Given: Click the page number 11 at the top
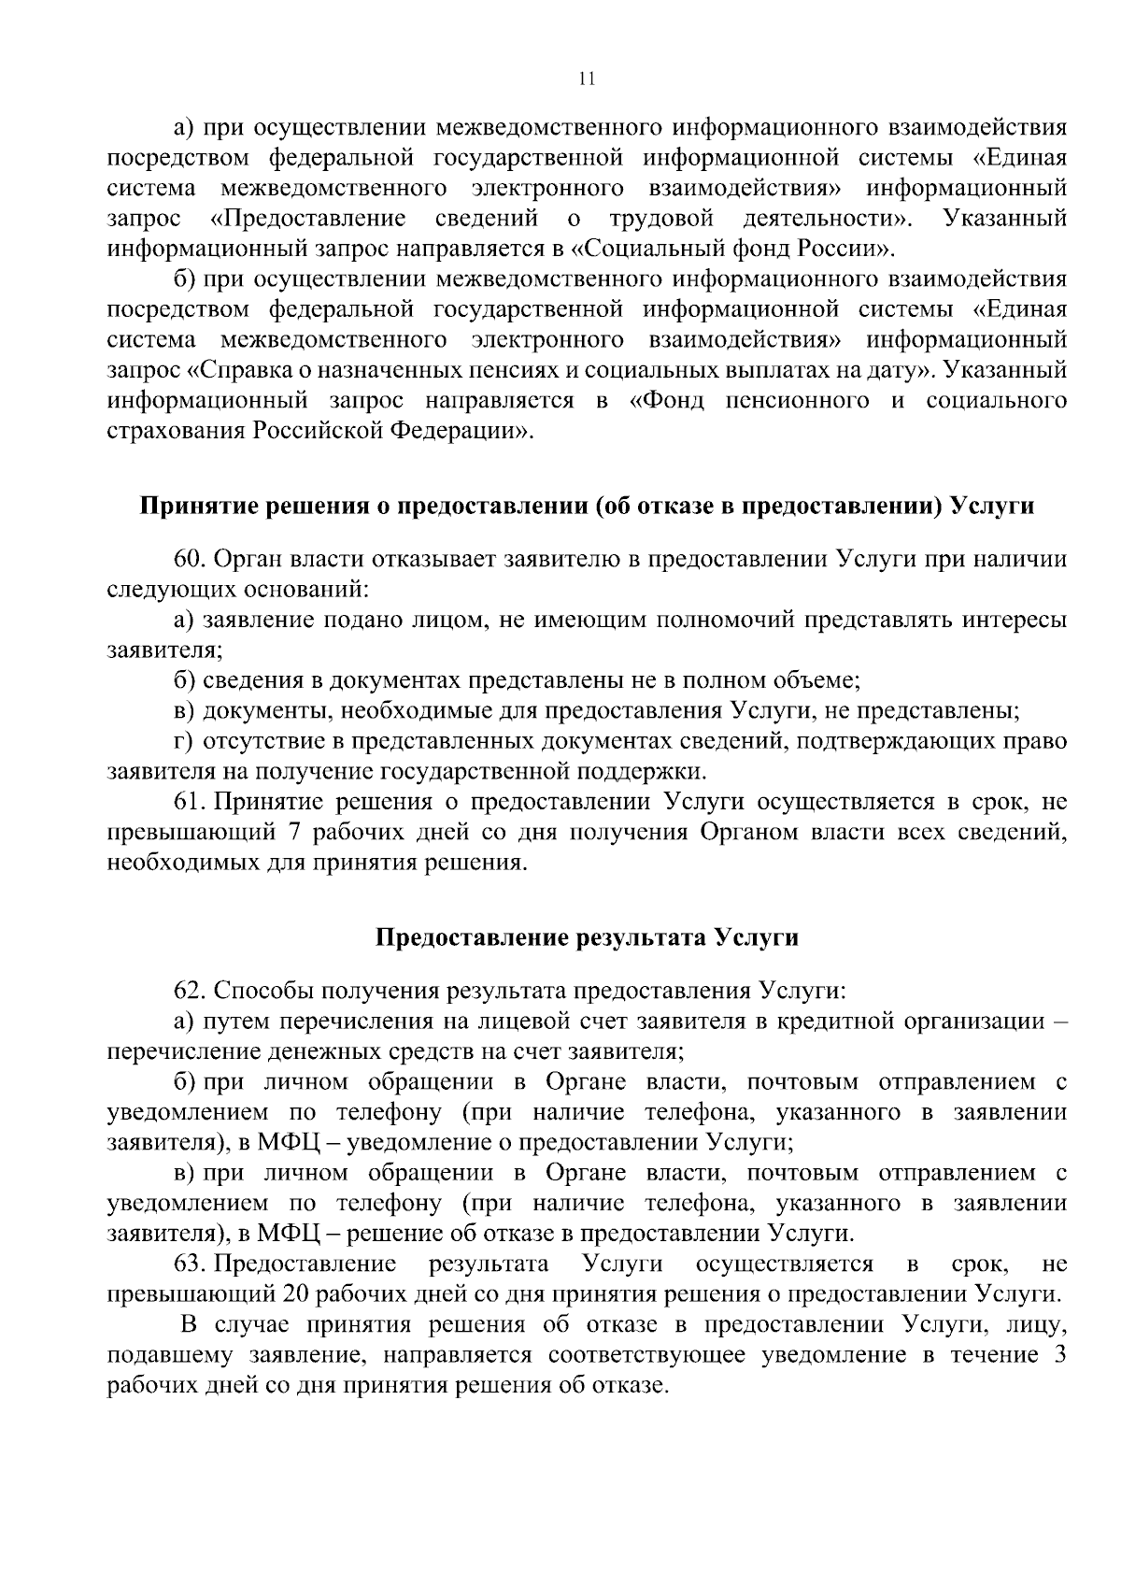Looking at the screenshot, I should [587, 79].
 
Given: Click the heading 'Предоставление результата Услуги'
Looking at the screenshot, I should [587, 937].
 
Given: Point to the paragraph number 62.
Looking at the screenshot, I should [190, 990].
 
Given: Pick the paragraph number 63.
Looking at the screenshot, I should [190, 1265].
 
